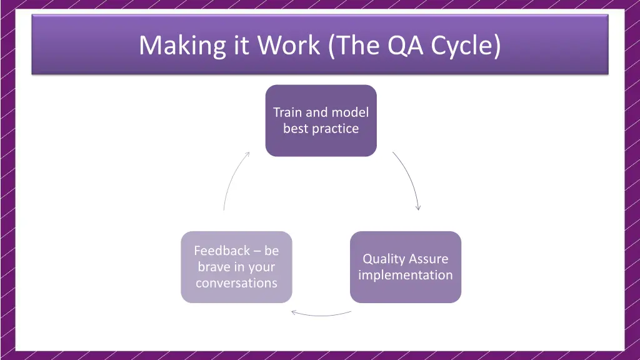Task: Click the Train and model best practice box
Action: tap(321, 121)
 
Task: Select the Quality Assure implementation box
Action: tap(405, 267)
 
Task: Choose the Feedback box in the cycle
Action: tap(236, 267)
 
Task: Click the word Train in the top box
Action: tap(287, 112)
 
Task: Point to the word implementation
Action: tap(405, 275)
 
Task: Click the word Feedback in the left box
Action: tap(222, 251)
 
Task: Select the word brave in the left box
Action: tap(213, 267)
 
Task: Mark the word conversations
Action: tap(236, 283)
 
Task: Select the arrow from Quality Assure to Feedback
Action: tap(321, 314)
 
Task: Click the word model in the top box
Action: tap(350, 112)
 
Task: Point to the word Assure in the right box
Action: tap(429, 259)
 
